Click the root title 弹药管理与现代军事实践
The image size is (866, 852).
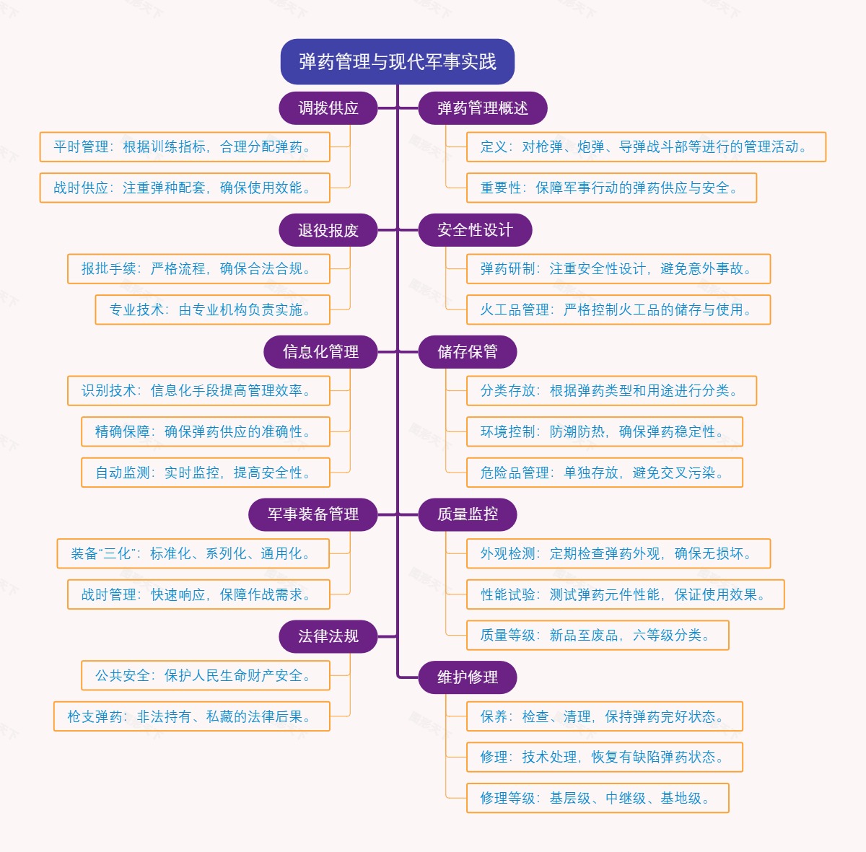point(397,62)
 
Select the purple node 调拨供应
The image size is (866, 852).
point(328,108)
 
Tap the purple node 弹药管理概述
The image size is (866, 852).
point(482,108)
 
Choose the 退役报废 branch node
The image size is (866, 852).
point(328,230)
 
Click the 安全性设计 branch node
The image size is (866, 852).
point(475,230)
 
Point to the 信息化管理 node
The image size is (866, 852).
point(320,352)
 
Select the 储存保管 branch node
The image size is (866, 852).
point(468,352)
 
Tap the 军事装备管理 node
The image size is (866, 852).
point(313,514)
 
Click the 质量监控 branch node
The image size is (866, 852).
point(468,514)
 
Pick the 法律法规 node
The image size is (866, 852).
point(328,636)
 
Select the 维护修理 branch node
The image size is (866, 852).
point(468,677)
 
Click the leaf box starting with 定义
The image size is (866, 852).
point(645,147)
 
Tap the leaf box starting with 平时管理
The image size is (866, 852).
point(185,147)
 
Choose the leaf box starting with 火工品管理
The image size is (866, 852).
point(618,310)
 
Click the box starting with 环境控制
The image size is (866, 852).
point(604,432)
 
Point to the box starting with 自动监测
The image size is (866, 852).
point(206,473)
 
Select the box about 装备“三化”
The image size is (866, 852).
point(193,554)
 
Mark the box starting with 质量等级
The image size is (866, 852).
point(597,636)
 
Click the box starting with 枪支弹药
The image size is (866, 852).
point(192,717)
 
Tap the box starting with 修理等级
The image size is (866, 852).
point(597,799)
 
